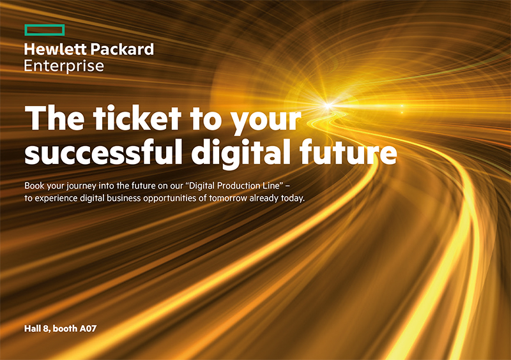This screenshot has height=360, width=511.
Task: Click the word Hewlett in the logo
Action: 56,49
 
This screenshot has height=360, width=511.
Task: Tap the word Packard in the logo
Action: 122,49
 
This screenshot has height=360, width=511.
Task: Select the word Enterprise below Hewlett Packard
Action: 65,66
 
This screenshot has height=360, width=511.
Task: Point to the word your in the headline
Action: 266,121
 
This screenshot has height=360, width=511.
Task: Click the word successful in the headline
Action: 103,152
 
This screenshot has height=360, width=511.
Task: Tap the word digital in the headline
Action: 241,154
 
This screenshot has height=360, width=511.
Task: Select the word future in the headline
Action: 348,152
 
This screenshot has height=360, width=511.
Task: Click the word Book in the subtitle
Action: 34,186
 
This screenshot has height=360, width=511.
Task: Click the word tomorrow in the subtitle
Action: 228,199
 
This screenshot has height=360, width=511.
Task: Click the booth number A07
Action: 88,328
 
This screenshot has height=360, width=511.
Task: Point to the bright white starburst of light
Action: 328,105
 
